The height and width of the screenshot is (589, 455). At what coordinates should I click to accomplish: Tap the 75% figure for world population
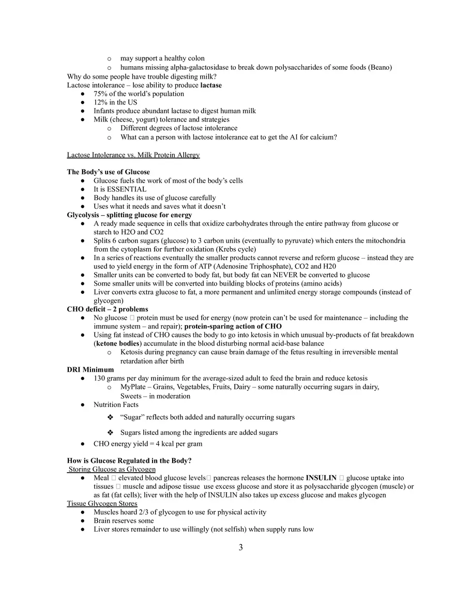click(100, 94)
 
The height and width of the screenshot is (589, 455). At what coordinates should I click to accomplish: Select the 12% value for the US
click(100, 102)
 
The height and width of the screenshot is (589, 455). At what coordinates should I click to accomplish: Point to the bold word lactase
click(211, 85)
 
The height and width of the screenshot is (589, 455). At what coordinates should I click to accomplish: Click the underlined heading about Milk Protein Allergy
click(133, 155)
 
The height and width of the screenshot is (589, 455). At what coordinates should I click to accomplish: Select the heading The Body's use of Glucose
click(109, 172)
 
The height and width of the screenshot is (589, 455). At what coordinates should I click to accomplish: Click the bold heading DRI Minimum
click(90, 370)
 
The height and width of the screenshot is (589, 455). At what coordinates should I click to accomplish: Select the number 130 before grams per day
click(99, 379)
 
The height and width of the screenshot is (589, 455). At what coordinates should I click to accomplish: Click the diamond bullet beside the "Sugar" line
click(110, 417)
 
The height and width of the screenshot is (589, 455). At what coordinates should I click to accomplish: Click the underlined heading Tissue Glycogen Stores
click(102, 504)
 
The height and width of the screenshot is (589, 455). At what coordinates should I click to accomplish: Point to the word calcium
click(324, 137)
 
